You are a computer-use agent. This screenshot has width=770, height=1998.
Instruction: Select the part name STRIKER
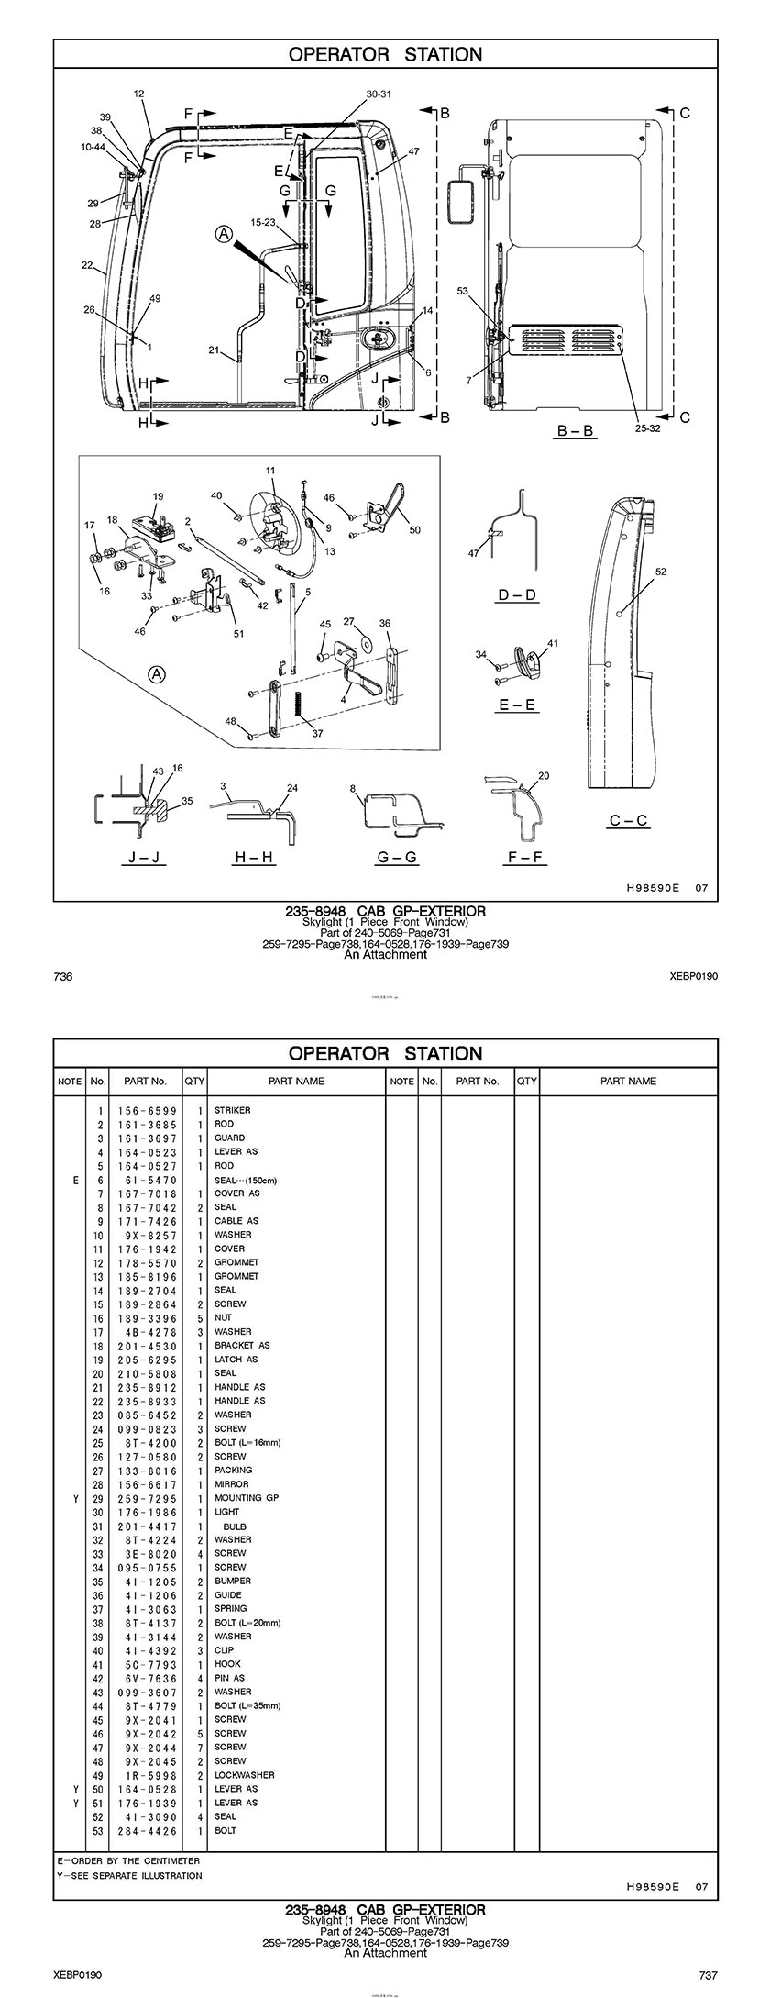click(232, 1110)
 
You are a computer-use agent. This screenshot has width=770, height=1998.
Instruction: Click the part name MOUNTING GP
click(247, 1498)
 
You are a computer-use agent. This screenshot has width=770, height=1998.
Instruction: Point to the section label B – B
click(575, 430)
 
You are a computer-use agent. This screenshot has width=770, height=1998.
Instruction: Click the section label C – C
click(629, 820)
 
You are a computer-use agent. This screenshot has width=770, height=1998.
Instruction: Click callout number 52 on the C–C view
click(661, 572)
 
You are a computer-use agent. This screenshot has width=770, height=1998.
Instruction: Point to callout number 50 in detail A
click(414, 530)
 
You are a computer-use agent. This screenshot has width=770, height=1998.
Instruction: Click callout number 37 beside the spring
click(317, 733)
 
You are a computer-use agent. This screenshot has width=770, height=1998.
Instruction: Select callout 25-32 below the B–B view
click(647, 427)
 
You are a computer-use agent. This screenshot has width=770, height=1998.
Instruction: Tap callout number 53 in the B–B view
click(462, 292)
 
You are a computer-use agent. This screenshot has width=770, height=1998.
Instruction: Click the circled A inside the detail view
click(158, 674)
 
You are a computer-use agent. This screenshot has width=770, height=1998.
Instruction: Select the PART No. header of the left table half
click(146, 1082)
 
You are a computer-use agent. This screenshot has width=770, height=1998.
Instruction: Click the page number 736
click(63, 977)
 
